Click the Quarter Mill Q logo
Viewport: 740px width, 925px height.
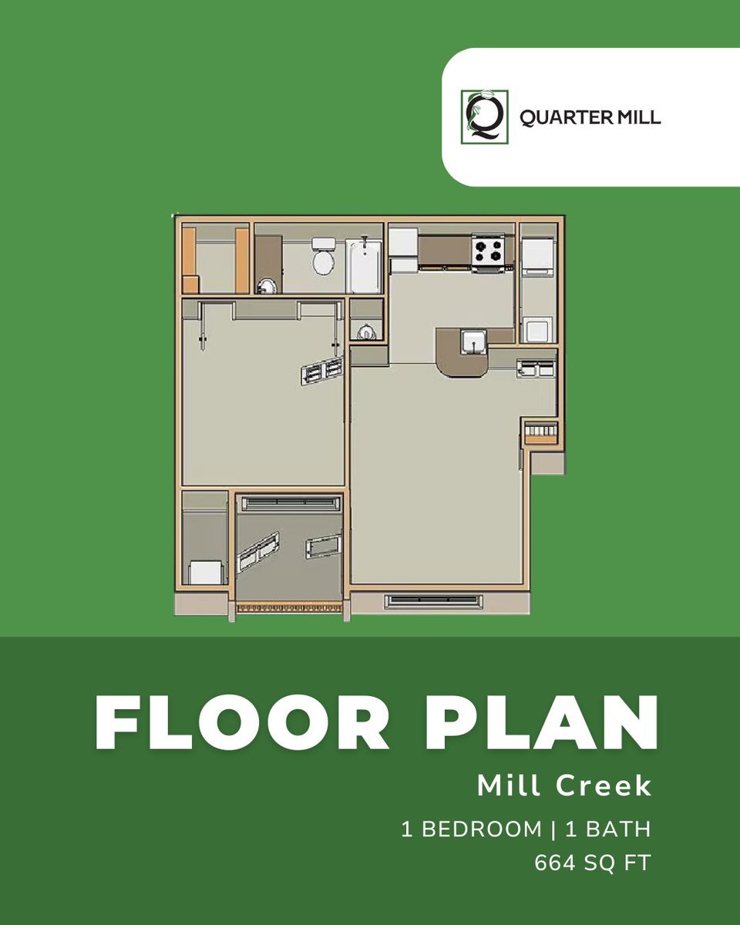[485, 116]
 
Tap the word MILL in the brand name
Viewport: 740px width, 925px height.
[639, 117]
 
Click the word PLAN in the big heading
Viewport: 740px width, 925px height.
[542, 722]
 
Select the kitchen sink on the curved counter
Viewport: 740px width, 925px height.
[473, 342]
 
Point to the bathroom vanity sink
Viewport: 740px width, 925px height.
[267, 286]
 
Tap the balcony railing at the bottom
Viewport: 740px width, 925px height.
[290, 607]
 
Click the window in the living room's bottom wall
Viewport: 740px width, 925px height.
[433, 602]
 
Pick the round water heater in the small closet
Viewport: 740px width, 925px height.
[365, 333]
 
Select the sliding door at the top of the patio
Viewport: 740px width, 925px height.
[291, 503]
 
